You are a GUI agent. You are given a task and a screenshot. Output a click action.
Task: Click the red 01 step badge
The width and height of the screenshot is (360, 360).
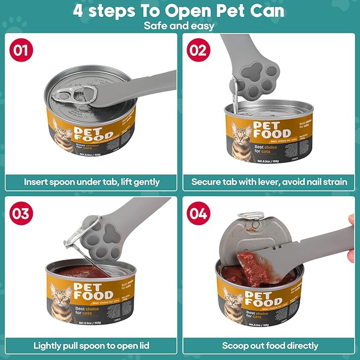pyautogui.click(x=22, y=51)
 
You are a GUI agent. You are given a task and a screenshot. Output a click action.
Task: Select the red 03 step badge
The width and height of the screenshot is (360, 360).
pyautogui.click(x=22, y=214)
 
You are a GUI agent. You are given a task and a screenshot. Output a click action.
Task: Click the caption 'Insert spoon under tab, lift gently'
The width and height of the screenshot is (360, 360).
pyautogui.click(x=92, y=182)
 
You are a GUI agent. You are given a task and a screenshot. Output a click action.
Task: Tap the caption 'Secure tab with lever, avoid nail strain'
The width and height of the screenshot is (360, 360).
pyautogui.click(x=269, y=182)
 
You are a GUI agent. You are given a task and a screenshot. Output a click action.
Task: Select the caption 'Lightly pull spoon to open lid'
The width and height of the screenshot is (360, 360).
pyautogui.click(x=92, y=346)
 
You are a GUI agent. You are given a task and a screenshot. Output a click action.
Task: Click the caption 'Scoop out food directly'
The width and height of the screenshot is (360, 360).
pyautogui.click(x=270, y=346)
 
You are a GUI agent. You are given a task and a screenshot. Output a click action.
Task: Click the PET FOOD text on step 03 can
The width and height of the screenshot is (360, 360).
pyautogui.click(x=93, y=292)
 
